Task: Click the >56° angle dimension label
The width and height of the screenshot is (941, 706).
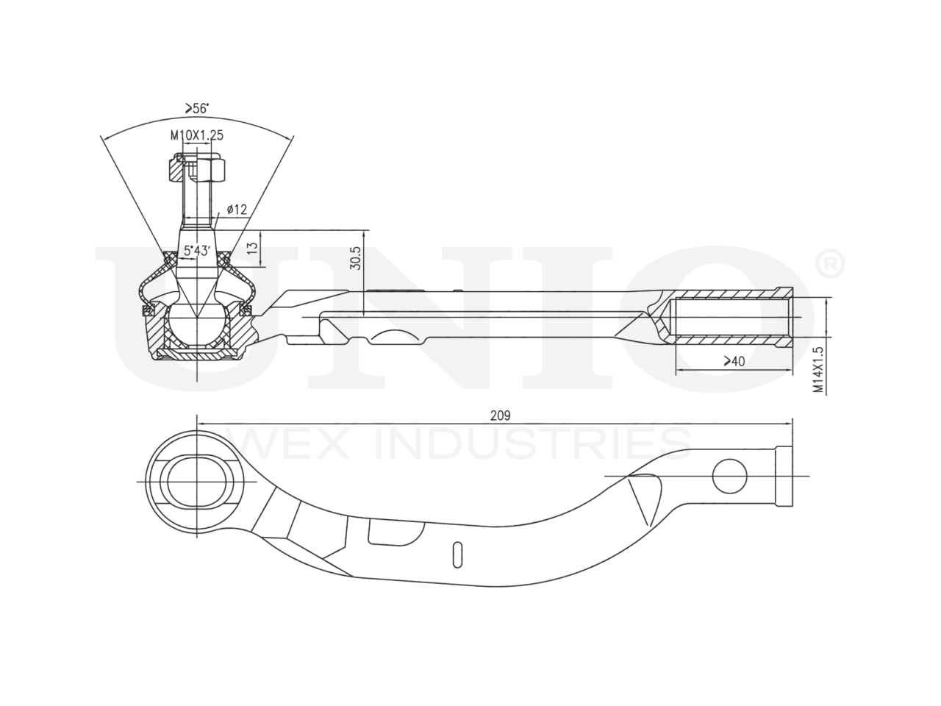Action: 196,108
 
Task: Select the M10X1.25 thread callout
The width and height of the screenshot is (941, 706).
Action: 196,135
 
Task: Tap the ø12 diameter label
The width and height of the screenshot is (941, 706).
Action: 236,210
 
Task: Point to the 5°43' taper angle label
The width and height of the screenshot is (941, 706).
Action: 198,251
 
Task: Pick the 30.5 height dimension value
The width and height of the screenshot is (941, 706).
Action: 356,258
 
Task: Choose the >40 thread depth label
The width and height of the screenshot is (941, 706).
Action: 733,361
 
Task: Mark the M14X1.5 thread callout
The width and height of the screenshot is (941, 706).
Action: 817,370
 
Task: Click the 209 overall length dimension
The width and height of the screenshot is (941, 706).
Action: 500,416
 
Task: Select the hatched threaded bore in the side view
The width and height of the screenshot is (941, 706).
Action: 731,318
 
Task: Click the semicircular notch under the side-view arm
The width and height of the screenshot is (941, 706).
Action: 398,338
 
